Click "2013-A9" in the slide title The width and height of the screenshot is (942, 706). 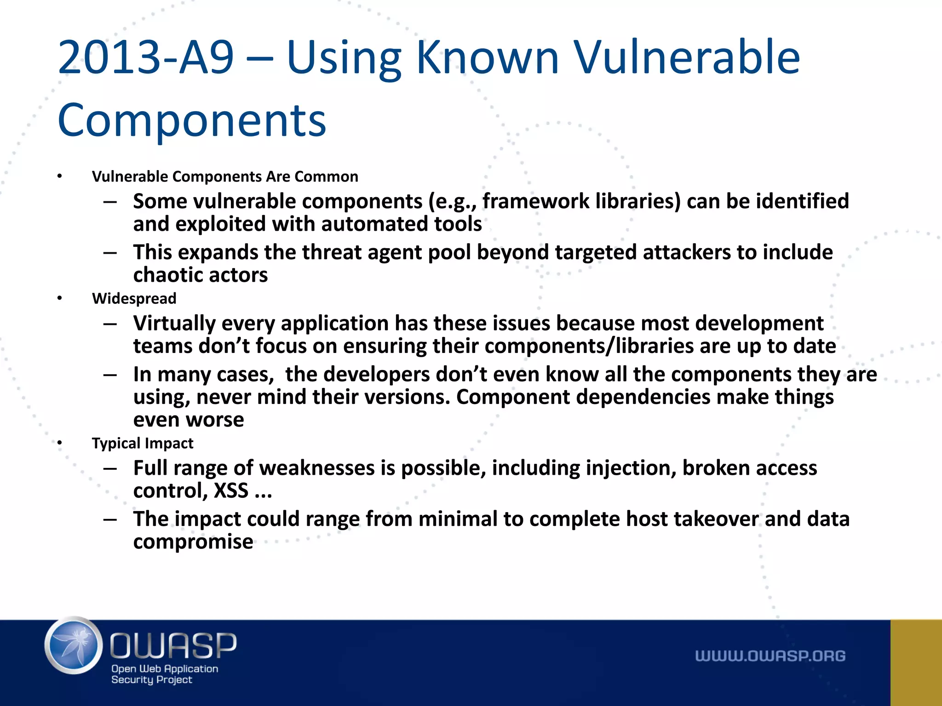click(x=146, y=57)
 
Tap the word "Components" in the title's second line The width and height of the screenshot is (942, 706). click(x=192, y=120)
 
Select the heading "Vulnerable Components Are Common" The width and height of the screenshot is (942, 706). click(x=225, y=176)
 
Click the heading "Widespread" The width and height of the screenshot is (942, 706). click(x=134, y=298)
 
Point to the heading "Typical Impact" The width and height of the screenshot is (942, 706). click(x=143, y=443)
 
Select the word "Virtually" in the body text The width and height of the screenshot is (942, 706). click(x=174, y=324)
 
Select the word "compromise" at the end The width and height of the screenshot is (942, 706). click(x=193, y=542)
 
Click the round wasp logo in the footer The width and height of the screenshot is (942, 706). click(x=74, y=646)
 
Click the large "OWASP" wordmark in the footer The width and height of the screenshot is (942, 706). click(x=173, y=645)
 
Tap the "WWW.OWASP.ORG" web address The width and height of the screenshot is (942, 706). click(x=770, y=656)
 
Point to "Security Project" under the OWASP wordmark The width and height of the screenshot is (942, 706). click(x=151, y=680)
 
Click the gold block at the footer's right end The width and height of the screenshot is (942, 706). click(x=916, y=662)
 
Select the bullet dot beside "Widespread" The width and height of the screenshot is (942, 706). click(x=59, y=298)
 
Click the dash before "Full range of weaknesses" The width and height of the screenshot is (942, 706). click(x=110, y=468)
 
